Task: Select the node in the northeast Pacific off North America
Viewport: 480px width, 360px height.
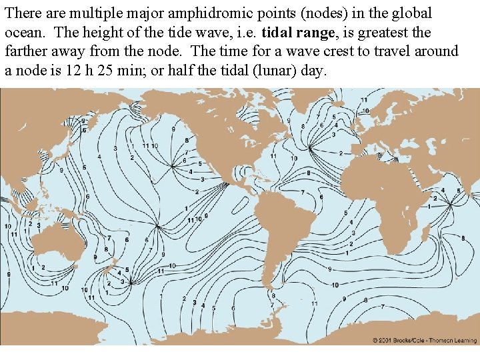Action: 173,164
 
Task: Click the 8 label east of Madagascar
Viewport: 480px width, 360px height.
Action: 463,238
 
